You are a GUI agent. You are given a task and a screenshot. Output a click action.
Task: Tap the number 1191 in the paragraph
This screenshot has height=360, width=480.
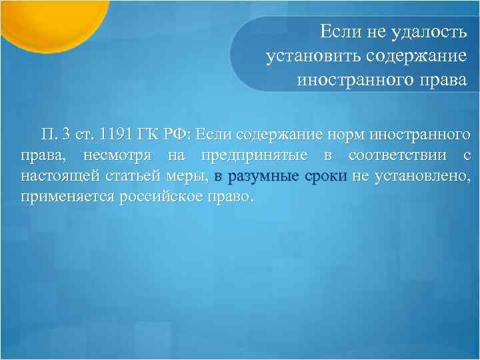pyautogui.click(x=115, y=134)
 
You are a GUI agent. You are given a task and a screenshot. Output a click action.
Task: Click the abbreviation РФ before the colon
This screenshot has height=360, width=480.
pyautogui.click(x=178, y=134)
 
